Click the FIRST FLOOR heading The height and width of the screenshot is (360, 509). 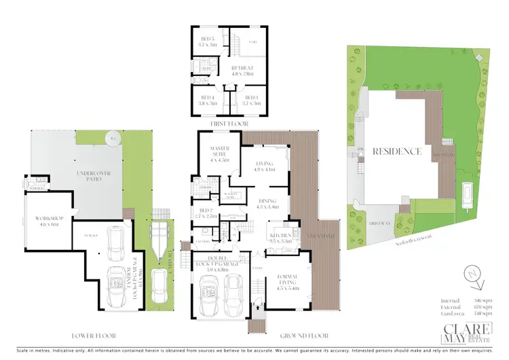click(x=229, y=124)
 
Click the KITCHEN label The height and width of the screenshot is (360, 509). click(x=280, y=238)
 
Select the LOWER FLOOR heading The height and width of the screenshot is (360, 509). click(x=94, y=336)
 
